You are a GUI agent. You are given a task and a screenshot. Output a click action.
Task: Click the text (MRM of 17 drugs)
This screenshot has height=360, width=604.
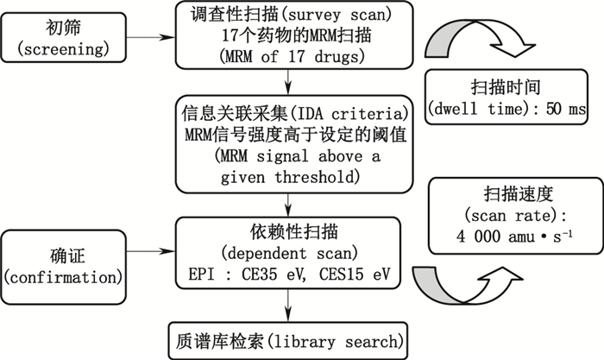pos(286,56)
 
